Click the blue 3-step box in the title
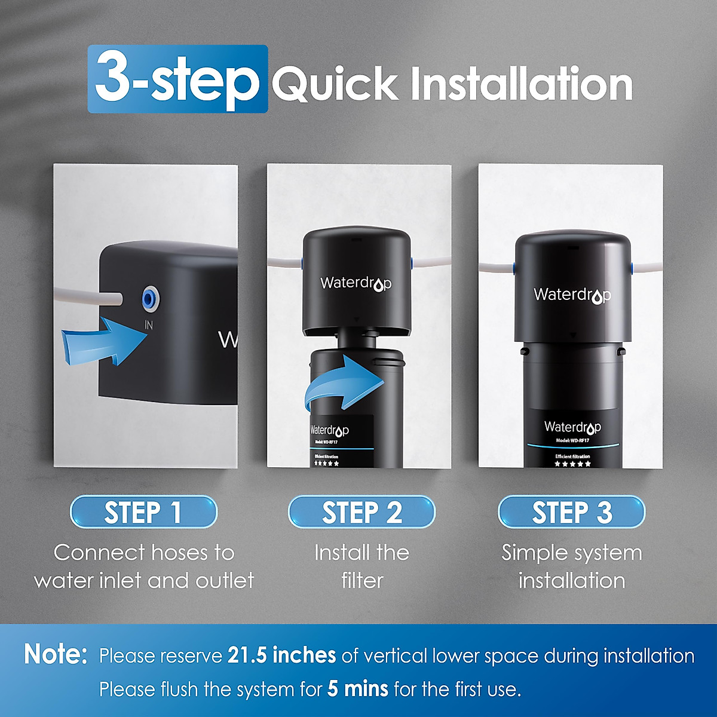coord(177,79)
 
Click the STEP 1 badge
coord(143,512)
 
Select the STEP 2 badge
coord(361,512)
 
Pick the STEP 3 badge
coord(572,512)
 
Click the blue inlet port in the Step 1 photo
coord(148,297)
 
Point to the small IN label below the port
coord(149,326)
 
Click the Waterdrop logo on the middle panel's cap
coord(356,283)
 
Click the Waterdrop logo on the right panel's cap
coord(572,295)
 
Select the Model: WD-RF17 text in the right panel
coord(572,440)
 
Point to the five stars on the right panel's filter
coord(572,464)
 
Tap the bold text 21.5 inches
coord(281,655)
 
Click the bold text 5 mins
coord(357,689)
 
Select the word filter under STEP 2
coord(361,580)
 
